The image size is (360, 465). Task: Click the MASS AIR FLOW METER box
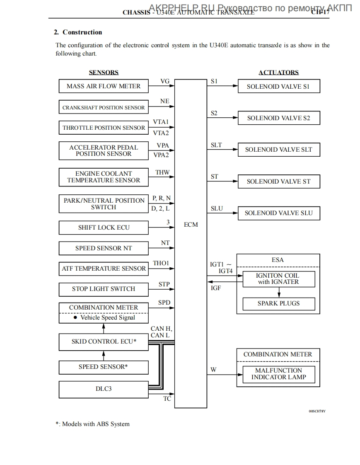click(x=104, y=86)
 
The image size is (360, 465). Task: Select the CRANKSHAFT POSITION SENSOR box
click(x=104, y=108)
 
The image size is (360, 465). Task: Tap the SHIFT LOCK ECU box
click(x=104, y=228)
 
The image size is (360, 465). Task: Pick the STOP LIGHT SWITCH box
click(x=104, y=289)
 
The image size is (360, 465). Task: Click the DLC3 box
click(x=104, y=389)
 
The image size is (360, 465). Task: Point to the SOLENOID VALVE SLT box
click(x=278, y=150)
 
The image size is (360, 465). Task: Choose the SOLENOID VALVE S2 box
click(x=278, y=118)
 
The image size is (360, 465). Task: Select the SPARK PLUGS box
click(x=278, y=303)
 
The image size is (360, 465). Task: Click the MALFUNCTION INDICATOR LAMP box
click(x=278, y=374)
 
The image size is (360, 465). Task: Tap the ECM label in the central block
click(x=191, y=225)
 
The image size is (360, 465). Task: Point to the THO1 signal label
click(x=161, y=263)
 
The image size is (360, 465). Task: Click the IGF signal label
click(x=216, y=288)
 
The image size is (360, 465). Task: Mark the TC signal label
click(x=167, y=399)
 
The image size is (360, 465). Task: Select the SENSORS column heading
click(x=104, y=73)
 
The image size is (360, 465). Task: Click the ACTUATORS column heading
click(x=278, y=73)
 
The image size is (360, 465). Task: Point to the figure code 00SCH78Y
click(x=317, y=411)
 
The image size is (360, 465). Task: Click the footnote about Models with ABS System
click(x=93, y=424)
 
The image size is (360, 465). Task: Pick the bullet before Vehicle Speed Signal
click(x=75, y=317)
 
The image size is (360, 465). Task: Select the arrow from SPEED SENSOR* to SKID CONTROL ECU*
click(x=104, y=355)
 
